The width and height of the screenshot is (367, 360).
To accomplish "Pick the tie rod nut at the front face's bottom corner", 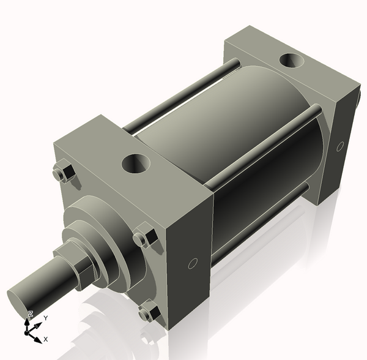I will (148, 313).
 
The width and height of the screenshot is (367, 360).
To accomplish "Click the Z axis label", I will (30, 314).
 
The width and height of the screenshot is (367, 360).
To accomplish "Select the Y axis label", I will (45, 318).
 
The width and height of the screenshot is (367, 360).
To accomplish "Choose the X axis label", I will (46, 339).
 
